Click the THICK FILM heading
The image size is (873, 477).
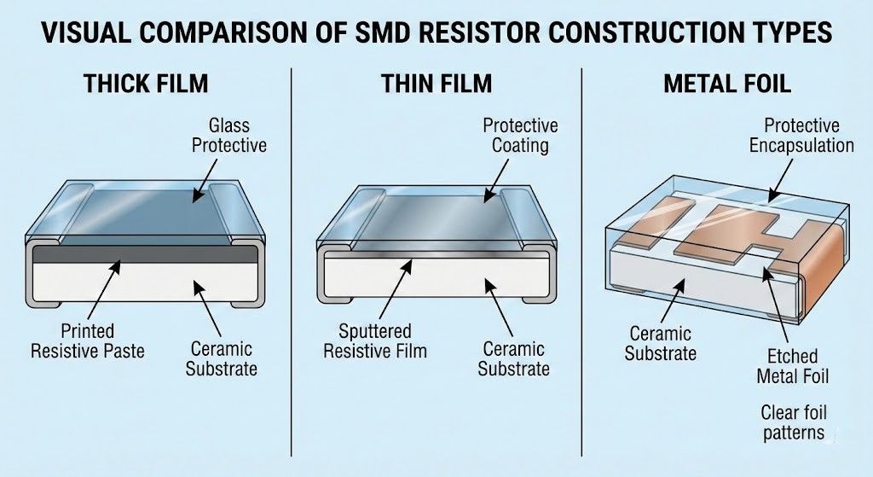point(146,84)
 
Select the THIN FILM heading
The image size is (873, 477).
point(436,84)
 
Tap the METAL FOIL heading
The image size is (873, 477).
point(727,84)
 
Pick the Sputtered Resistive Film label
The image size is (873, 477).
point(375,340)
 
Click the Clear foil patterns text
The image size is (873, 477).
point(793,422)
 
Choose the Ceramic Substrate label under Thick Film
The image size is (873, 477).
point(222,359)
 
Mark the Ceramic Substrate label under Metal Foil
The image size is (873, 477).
point(661,342)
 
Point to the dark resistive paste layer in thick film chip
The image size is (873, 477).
point(145,254)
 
